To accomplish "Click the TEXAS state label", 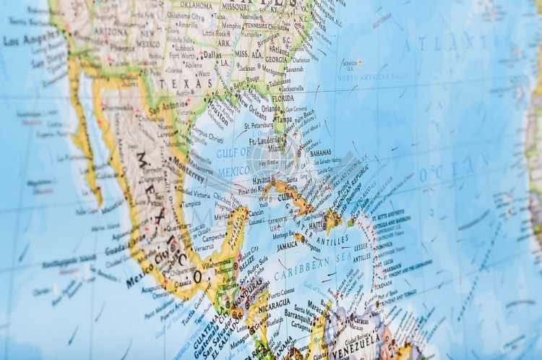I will coord(176,85).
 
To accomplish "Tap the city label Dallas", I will coord(212,53).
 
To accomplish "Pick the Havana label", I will coord(262,179).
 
